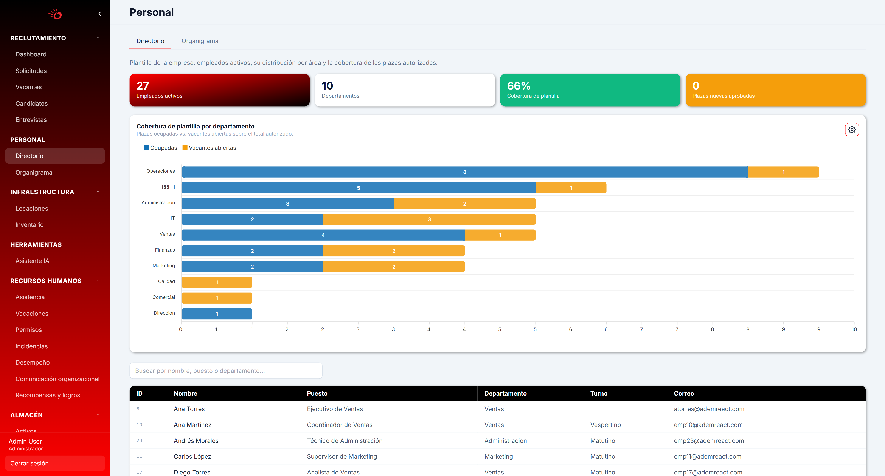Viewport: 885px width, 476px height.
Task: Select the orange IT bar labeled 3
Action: pyautogui.click(x=429, y=219)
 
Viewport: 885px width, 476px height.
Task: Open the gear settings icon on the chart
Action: pyautogui.click(x=852, y=130)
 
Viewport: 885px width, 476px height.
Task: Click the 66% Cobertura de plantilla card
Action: pyautogui.click(x=590, y=90)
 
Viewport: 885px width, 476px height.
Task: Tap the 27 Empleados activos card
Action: pyautogui.click(x=220, y=90)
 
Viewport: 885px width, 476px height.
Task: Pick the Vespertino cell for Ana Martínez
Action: pyautogui.click(x=605, y=425)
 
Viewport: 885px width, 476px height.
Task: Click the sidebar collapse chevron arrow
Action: pyautogui.click(x=100, y=14)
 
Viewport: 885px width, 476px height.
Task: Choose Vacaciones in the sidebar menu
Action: pyautogui.click(x=32, y=314)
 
